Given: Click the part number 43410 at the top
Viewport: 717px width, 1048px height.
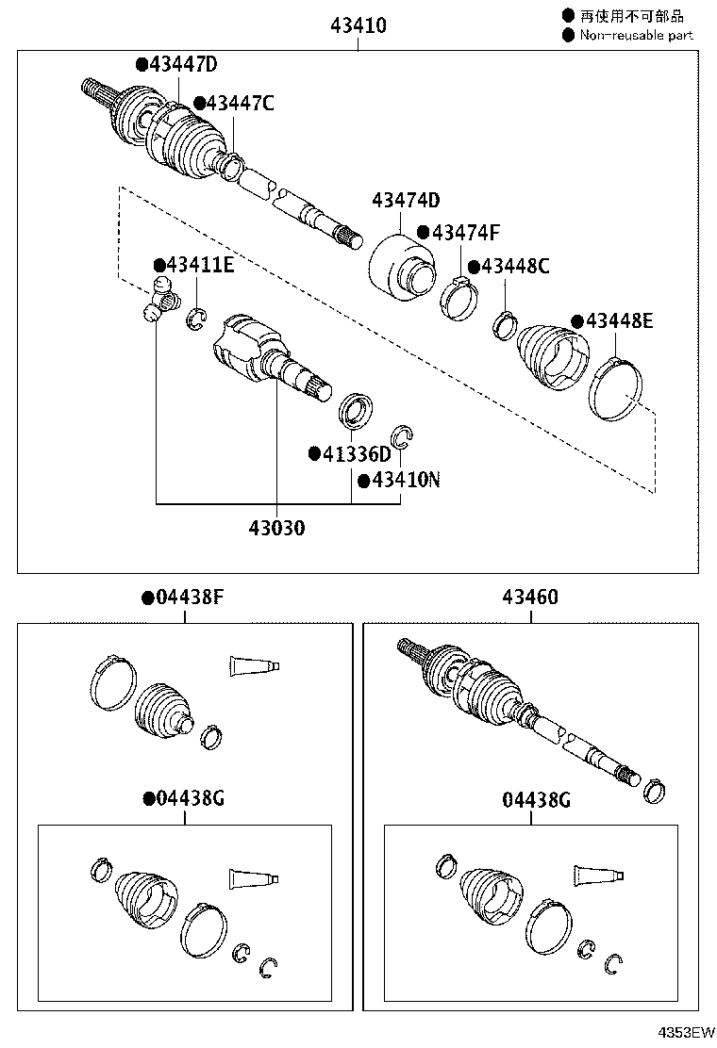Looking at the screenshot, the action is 358,25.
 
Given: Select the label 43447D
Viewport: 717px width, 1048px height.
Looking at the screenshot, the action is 183,64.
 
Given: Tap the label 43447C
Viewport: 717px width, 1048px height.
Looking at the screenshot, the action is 240,103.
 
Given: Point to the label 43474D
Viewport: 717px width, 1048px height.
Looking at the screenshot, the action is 406,200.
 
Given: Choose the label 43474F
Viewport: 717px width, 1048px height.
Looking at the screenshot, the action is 465,233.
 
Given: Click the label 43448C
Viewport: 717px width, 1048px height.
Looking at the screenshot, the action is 515,266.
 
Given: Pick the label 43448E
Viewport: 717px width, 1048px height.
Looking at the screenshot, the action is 619,320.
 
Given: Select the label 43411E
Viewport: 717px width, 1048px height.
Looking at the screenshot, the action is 200,265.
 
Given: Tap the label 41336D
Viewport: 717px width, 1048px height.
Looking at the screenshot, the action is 357,454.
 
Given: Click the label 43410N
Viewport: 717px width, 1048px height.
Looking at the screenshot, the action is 406,480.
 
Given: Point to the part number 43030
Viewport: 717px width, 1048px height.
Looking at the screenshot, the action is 277,528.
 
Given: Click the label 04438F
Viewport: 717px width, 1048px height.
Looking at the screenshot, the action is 190,597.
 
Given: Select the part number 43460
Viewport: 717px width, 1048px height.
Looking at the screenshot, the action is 530,597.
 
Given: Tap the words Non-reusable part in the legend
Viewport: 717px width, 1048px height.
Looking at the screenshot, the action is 636,36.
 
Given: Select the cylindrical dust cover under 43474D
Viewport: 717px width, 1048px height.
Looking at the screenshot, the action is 400,266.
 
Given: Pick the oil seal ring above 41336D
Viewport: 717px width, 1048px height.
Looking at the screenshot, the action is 355,410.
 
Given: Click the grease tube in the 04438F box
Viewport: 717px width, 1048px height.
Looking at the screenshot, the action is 254,666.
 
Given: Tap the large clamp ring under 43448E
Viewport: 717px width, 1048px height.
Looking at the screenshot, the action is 616,390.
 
